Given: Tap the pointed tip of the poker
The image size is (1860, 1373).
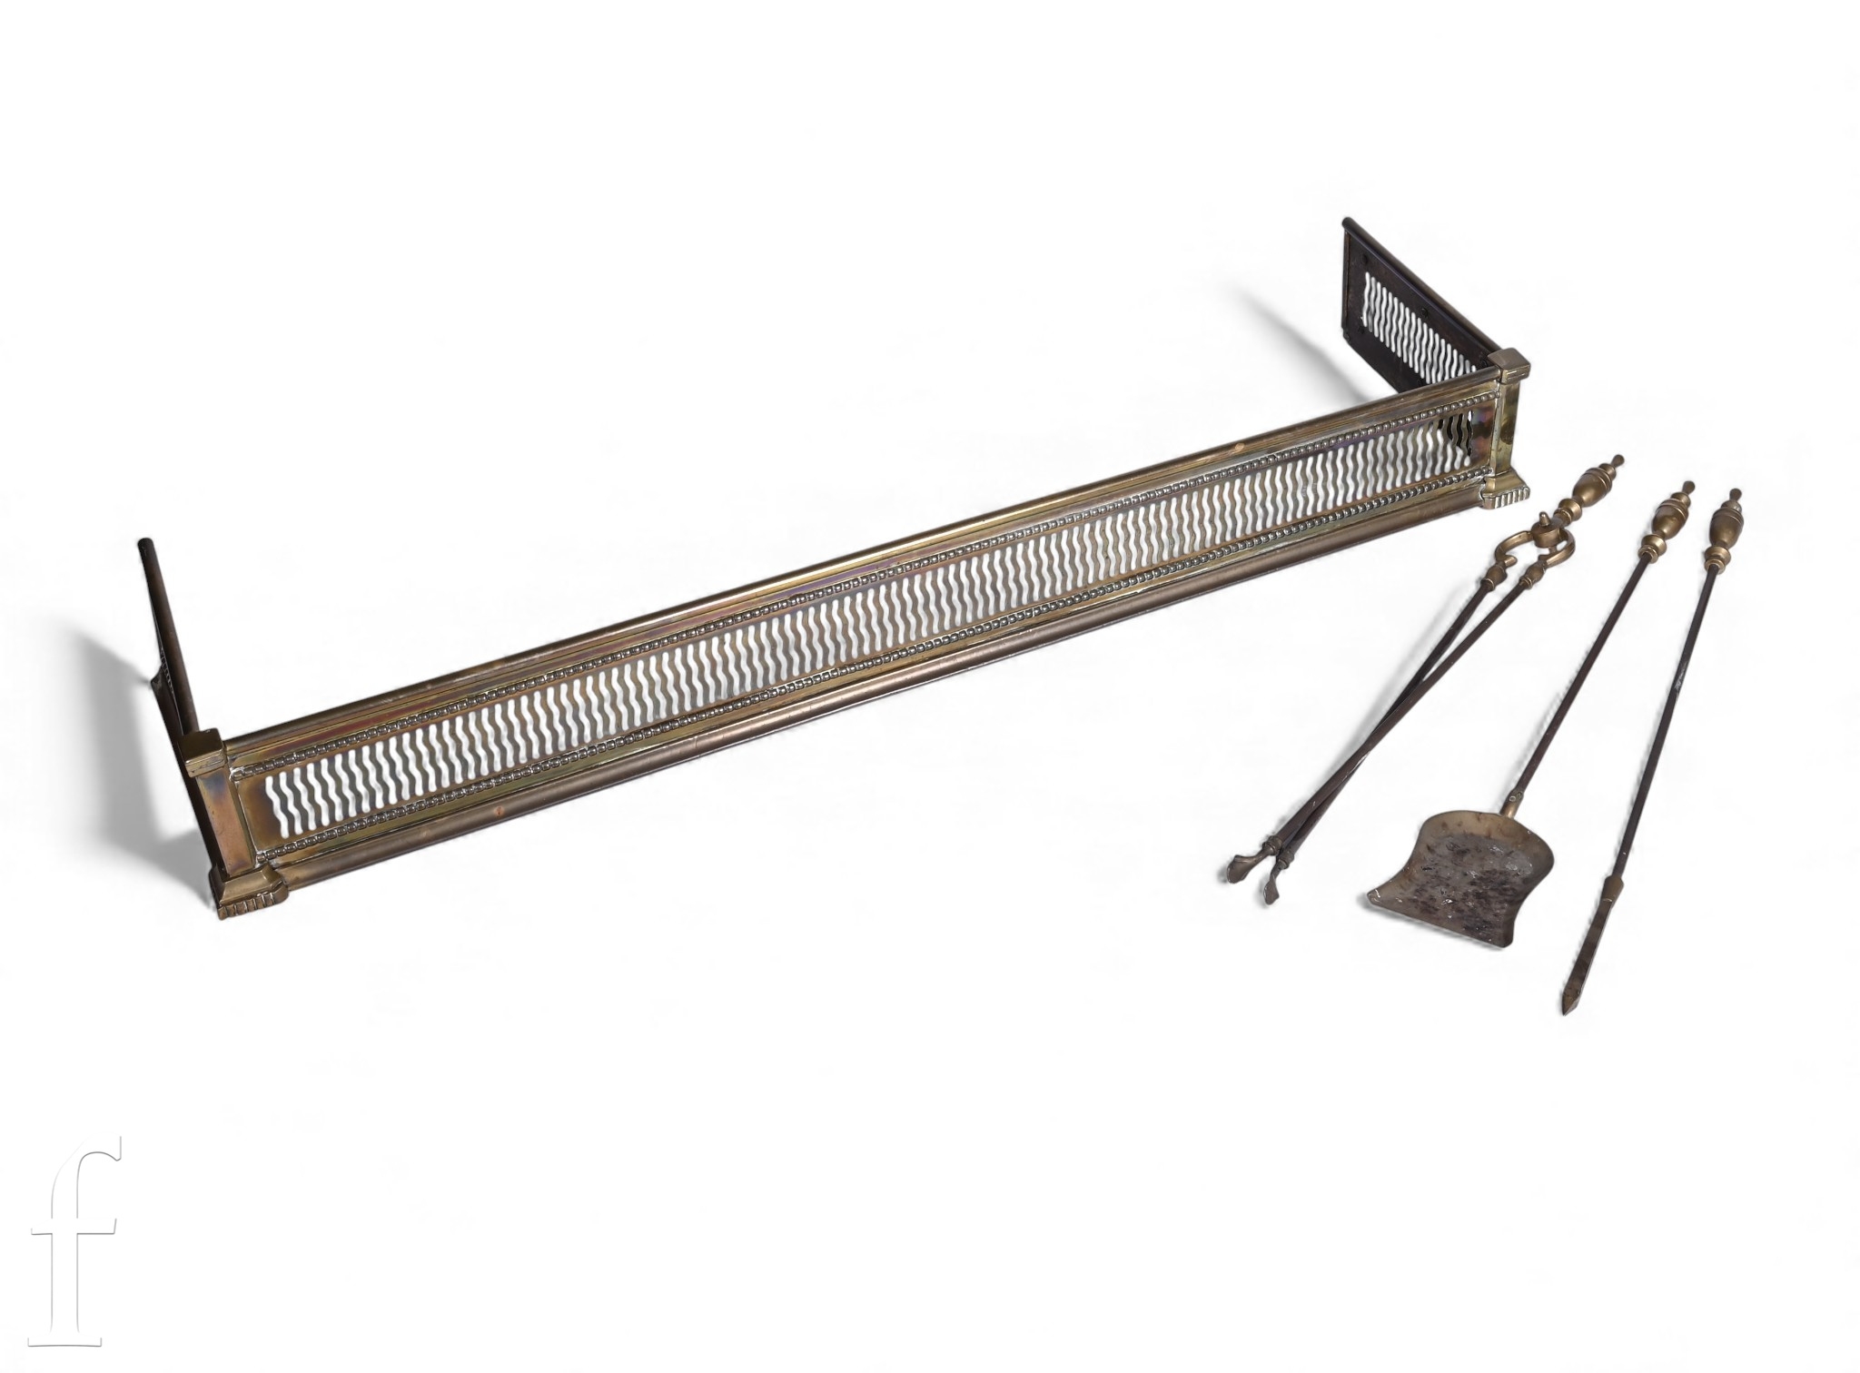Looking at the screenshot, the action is coord(1567,1011).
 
